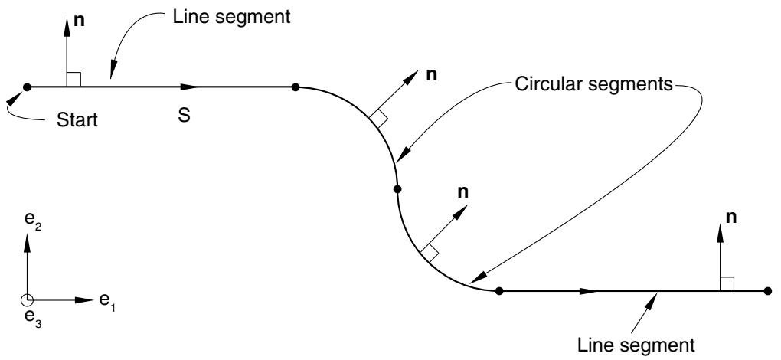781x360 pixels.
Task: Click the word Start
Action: point(77,119)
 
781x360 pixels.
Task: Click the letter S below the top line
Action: point(184,116)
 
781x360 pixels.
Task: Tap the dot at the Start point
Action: point(27,87)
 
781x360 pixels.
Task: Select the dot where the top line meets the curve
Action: point(296,87)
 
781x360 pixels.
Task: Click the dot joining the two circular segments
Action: point(397,189)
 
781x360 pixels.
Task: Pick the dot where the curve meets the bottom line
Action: point(499,291)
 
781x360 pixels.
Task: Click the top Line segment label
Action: point(231,17)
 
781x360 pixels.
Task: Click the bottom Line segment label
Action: point(636,345)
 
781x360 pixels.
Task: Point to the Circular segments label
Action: point(593,84)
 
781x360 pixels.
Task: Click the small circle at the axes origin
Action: point(26,299)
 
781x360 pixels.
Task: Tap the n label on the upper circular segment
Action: point(432,75)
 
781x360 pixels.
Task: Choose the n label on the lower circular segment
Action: point(463,192)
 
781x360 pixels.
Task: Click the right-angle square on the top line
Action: point(74,80)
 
